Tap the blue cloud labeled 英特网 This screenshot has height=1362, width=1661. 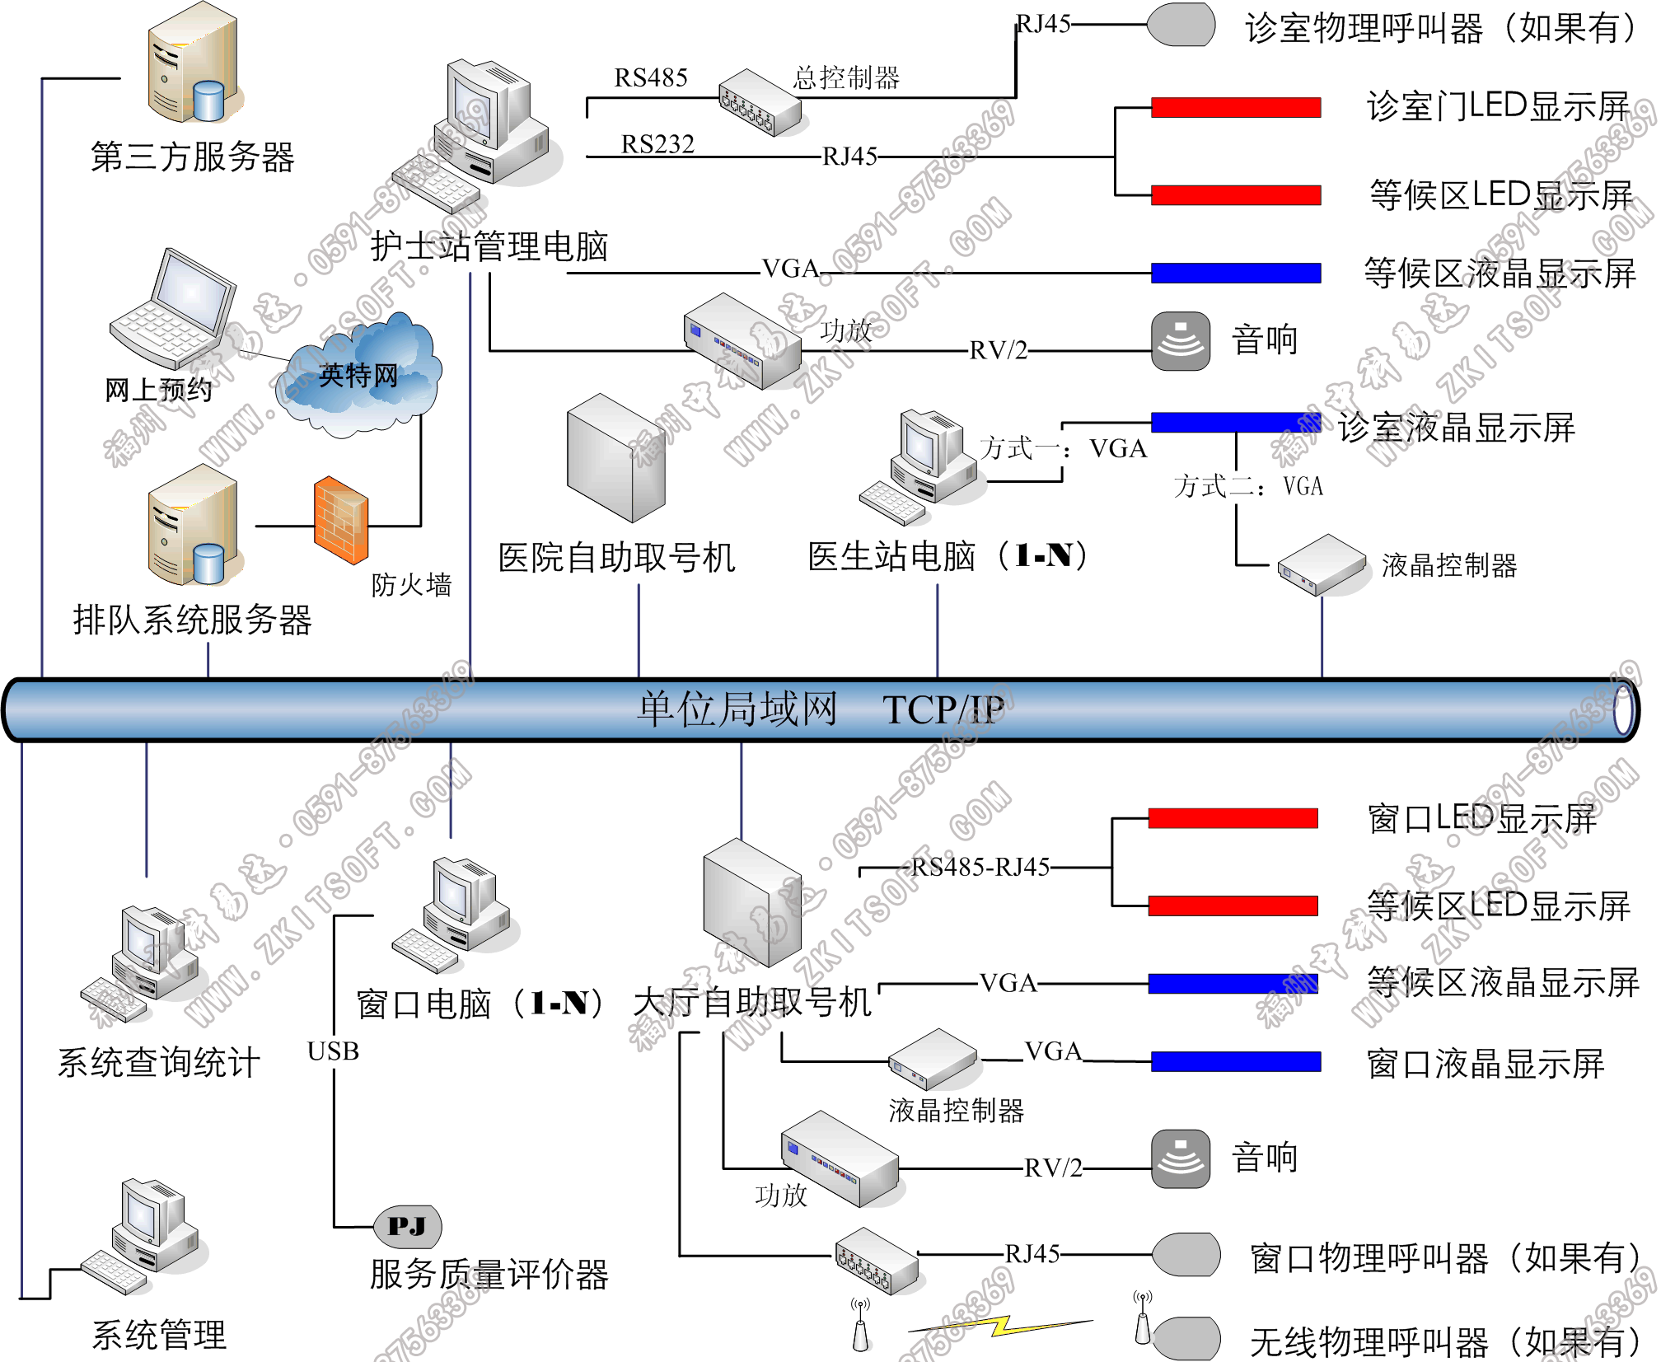(x=358, y=376)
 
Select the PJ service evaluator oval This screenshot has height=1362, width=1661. (x=407, y=1226)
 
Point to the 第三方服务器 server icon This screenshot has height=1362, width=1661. (x=193, y=64)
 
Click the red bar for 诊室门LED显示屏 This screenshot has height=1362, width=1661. (x=1235, y=107)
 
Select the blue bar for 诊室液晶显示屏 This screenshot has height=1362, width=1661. (x=1235, y=422)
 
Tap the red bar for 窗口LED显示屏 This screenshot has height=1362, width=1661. (x=1233, y=817)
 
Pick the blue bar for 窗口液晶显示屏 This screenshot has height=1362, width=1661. (x=1235, y=1061)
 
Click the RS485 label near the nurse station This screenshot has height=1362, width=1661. (x=651, y=78)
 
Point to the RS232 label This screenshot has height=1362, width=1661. (x=657, y=145)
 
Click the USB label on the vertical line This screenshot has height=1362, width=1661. (x=333, y=1051)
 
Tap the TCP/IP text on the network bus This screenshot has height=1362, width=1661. (x=943, y=709)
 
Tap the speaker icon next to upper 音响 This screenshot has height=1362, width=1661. (x=1180, y=340)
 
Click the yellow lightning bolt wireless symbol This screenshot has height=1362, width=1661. (x=1001, y=1326)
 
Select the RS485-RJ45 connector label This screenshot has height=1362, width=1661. (x=980, y=867)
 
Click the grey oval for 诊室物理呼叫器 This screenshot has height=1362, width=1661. (x=1181, y=25)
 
